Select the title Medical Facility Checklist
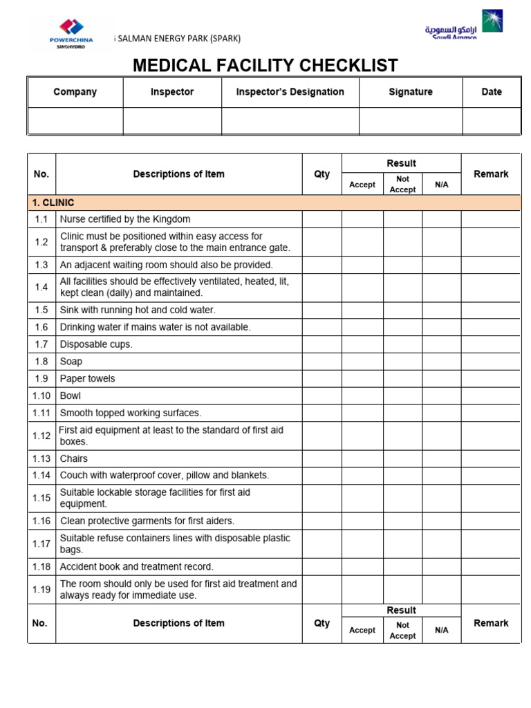(x=265, y=66)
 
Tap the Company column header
(x=75, y=92)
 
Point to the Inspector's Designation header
(x=290, y=92)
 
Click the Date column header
(x=492, y=92)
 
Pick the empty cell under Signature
(x=411, y=120)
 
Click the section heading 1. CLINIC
(x=53, y=203)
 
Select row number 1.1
(x=41, y=219)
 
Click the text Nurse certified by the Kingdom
(x=125, y=219)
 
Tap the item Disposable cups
(x=96, y=344)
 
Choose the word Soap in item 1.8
(x=71, y=362)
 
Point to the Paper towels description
(x=88, y=379)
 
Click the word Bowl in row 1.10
(x=71, y=395)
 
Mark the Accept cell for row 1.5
(x=362, y=310)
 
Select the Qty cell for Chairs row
(x=322, y=458)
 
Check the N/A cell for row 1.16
(x=441, y=521)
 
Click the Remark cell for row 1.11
(x=491, y=413)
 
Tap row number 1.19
(x=41, y=589)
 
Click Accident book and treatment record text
(x=137, y=566)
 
